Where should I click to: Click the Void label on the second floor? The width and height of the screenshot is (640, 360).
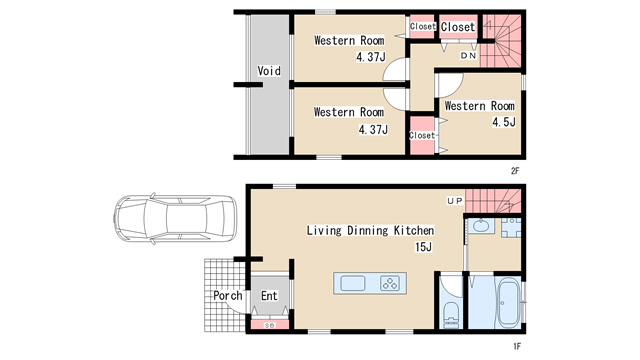(x=269, y=71)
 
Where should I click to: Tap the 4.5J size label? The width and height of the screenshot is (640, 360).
(x=504, y=122)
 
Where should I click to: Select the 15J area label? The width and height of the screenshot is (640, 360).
(x=423, y=247)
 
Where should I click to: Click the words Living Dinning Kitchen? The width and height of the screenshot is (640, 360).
(x=370, y=231)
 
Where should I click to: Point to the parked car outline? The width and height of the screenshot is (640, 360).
(x=175, y=218)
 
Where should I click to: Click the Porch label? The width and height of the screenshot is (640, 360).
(x=228, y=296)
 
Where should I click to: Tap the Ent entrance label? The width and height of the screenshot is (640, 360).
(x=269, y=296)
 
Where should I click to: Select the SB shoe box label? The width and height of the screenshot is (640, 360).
(x=270, y=325)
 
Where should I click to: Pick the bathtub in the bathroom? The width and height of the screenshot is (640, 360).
(x=508, y=302)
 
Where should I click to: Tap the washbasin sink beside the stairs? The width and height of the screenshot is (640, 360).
(x=481, y=226)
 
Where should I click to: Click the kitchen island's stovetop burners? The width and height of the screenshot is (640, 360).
(x=390, y=283)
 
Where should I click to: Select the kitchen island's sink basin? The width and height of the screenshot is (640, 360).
(x=353, y=283)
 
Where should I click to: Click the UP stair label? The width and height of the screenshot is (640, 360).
(x=455, y=201)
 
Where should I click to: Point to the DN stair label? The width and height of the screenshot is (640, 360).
(x=468, y=56)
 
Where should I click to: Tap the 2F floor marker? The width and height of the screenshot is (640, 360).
(x=515, y=171)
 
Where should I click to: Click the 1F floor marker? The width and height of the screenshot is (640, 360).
(x=517, y=347)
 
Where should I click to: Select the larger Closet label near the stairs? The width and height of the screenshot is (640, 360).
(x=458, y=27)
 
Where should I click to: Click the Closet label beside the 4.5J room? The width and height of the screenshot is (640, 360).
(x=422, y=135)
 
